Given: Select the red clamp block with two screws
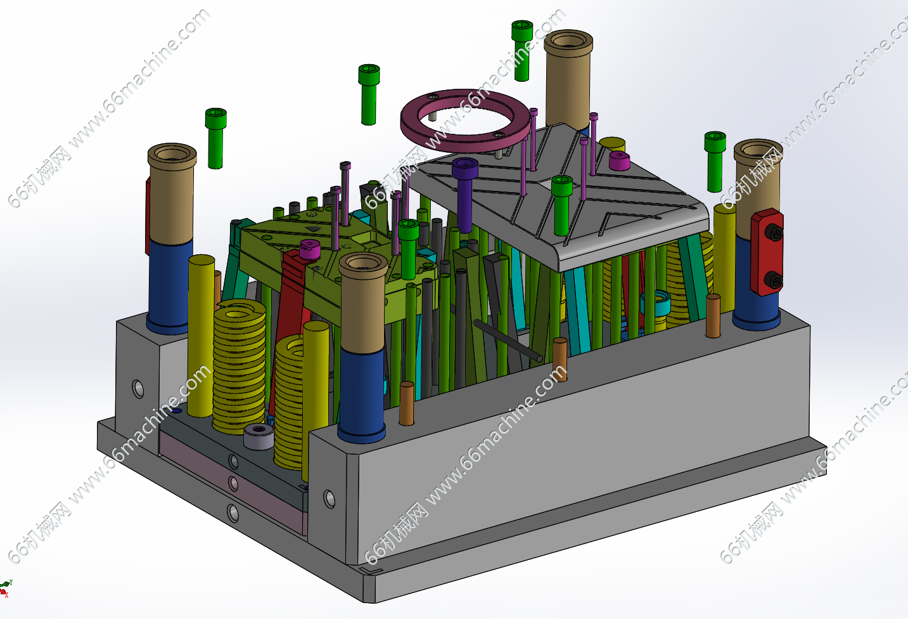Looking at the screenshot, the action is coord(767,252).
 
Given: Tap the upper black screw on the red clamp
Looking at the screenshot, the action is coord(774,232).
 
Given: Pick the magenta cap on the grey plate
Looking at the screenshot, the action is coord(620,160).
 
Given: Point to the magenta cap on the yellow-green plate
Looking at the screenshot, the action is coord(310,249).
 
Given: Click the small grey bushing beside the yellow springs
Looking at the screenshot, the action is coord(259,436).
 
